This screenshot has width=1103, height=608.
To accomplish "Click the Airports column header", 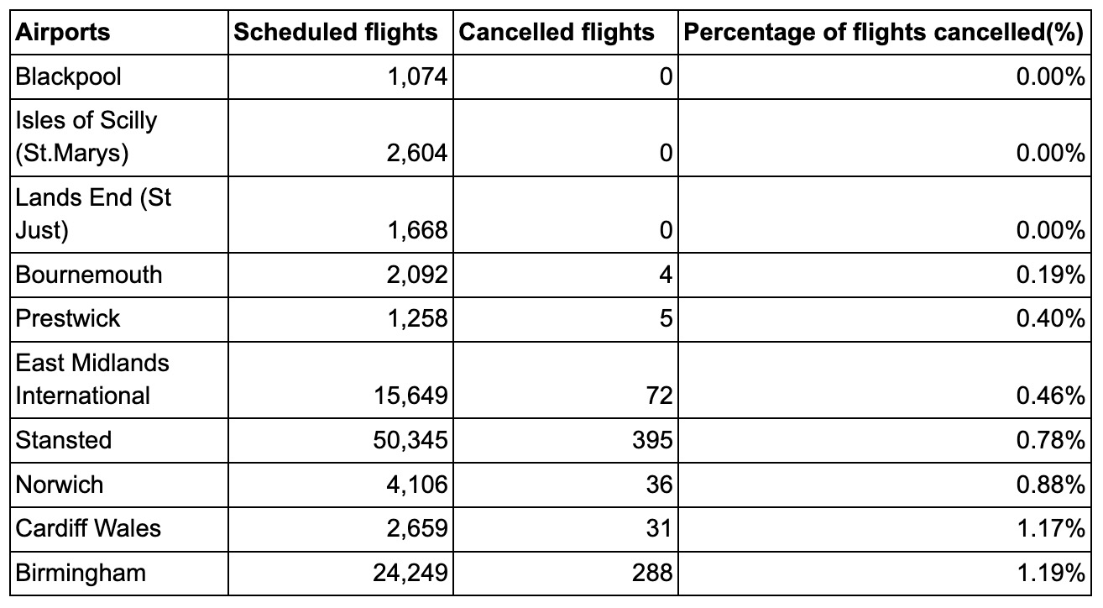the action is coord(62,33).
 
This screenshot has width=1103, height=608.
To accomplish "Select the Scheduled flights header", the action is coord(335,33).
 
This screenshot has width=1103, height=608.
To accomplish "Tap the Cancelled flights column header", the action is coord(557,33).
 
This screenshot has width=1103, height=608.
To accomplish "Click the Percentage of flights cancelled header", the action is coord(884,33).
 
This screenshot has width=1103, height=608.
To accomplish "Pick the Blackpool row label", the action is coord(68,77).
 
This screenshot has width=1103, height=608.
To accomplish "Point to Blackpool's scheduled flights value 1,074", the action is coord(417,77).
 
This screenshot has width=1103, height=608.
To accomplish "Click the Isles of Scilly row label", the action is coord(86,137).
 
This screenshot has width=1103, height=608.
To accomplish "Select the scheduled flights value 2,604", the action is coord(417,153).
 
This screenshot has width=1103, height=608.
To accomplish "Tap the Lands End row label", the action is coord(93,214).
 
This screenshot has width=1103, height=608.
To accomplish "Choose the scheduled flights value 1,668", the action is coord(417,230).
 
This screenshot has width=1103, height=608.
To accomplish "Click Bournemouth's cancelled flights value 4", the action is coord(666,275).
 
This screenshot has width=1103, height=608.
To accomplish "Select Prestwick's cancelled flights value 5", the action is coord(666,318).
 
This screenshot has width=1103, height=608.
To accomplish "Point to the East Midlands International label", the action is coord(92,380).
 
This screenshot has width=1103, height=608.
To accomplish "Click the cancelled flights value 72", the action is coord(659,396).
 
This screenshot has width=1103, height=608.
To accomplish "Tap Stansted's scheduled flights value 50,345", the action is coord(410,439).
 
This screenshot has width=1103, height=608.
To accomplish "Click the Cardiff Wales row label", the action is coord(88,528).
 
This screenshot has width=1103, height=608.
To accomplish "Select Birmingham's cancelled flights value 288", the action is coord(652,573).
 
